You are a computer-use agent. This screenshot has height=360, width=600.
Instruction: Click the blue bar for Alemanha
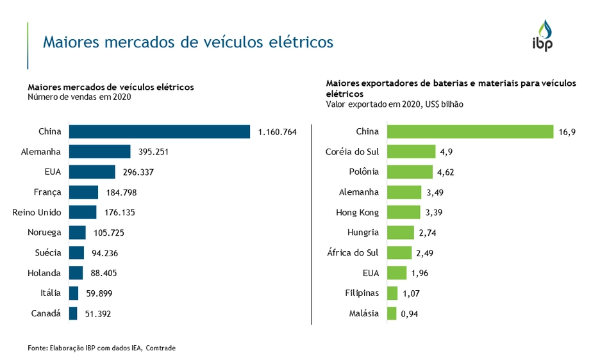(x=99, y=152)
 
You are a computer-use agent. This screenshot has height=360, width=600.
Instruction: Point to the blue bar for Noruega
(x=77, y=233)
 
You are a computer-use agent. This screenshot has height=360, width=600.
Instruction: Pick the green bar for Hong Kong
(x=403, y=212)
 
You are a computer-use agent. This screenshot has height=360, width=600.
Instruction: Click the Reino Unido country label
(x=37, y=212)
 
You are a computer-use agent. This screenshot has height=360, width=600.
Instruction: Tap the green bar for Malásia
(x=391, y=313)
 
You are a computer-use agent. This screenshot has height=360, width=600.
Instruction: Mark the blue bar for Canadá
(x=73, y=313)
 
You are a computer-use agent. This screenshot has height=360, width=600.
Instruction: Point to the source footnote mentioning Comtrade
(x=101, y=348)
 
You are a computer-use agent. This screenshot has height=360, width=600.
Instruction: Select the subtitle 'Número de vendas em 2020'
(x=79, y=97)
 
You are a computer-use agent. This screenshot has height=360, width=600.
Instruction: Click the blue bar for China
(x=160, y=132)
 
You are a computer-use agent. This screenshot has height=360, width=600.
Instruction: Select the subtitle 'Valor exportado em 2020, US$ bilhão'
(x=394, y=104)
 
